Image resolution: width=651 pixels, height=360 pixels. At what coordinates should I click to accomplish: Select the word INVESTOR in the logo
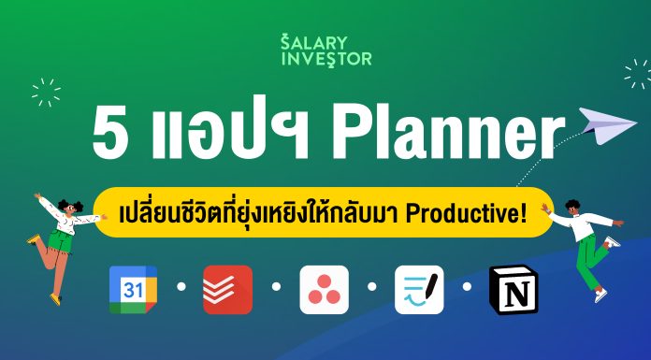tap(325, 60)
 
